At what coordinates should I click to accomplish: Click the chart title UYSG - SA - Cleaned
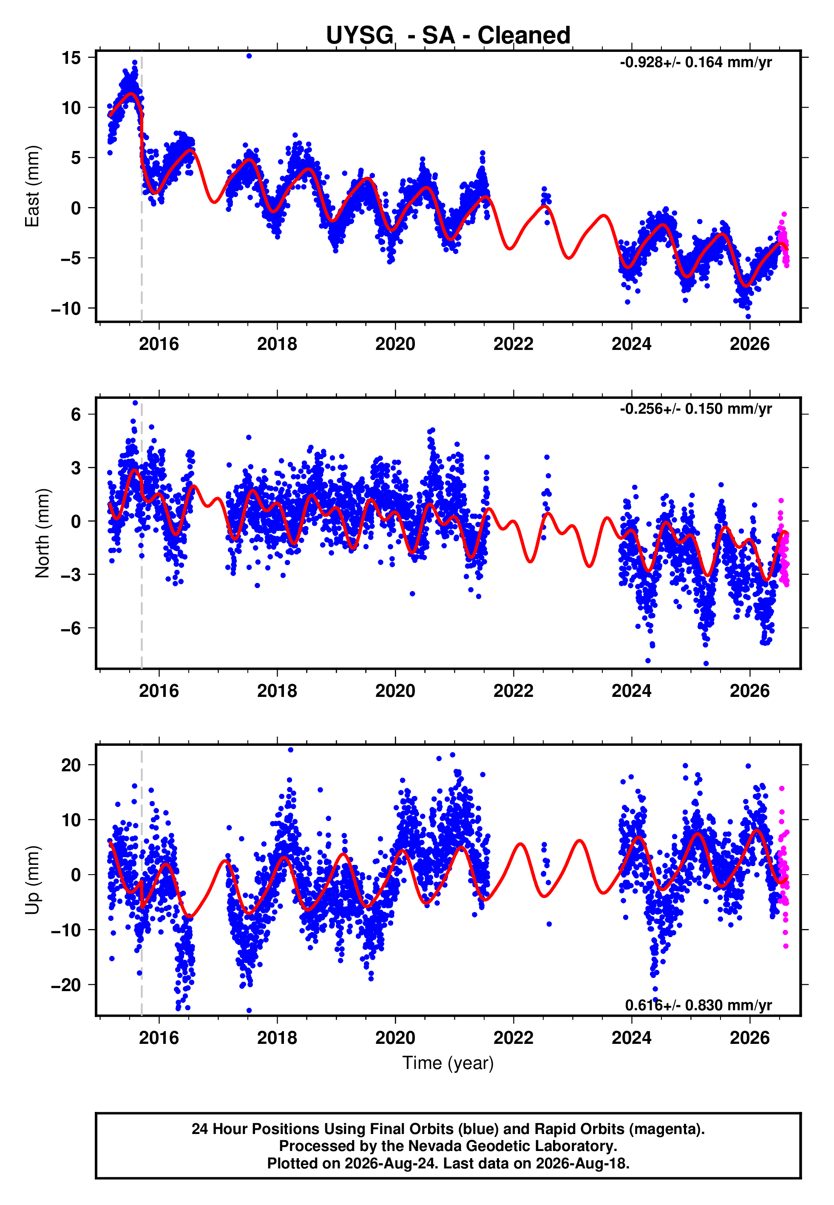(x=448, y=36)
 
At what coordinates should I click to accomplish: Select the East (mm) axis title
(x=32, y=186)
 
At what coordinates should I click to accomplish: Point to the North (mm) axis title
(x=43, y=533)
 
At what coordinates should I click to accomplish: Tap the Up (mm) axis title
(x=32, y=880)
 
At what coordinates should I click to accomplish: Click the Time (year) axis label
(x=448, y=1063)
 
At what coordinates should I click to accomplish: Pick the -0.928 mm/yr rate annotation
(x=695, y=62)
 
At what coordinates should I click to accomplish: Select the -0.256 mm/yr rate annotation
(x=695, y=409)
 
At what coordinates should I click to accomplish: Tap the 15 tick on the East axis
(x=71, y=57)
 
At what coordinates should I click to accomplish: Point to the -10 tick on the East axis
(x=66, y=308)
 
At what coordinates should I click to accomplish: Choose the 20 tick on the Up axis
(x=71, y=765)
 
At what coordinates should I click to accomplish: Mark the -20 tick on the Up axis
(x=66, y=985)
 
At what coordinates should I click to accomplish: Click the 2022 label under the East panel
(x=513, y=344)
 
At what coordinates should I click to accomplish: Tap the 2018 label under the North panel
(x=277, y=691)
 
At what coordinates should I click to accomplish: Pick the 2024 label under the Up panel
(x=631, y=1038)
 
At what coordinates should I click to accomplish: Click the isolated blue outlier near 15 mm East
(x=249, y=56)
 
